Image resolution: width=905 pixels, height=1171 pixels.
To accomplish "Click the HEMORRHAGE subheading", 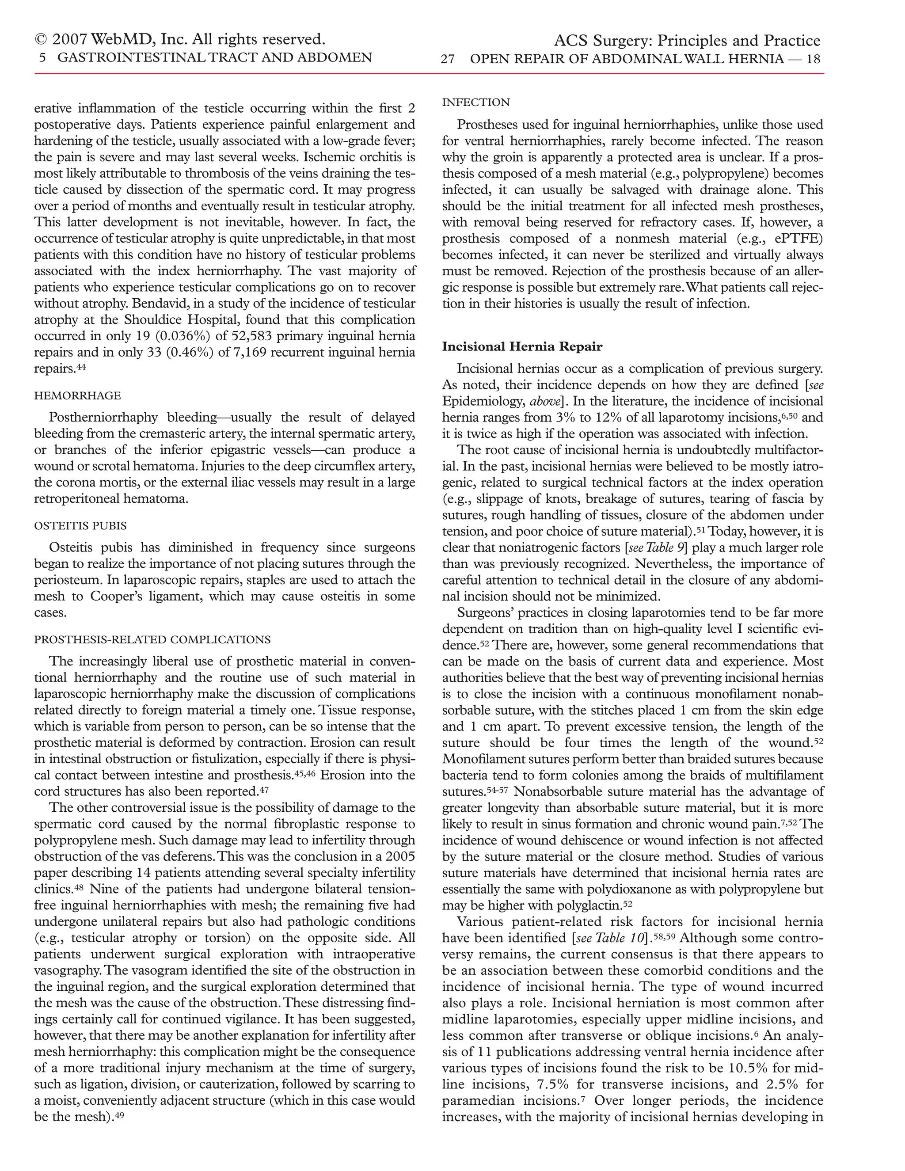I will (x=77, y=395).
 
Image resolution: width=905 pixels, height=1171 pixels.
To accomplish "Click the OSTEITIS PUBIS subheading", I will (x=80, y=525).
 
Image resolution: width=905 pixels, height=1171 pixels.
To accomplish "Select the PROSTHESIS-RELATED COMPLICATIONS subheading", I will (x=152, y=640).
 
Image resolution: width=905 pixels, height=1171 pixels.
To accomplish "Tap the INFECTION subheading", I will (x=476, y=103).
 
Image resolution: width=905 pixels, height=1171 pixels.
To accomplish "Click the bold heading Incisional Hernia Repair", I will (x=522, y=346).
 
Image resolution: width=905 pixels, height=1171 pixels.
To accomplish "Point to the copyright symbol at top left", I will (x=41, y=40).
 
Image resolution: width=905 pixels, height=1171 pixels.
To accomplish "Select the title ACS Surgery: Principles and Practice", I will (x=687, y=41).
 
